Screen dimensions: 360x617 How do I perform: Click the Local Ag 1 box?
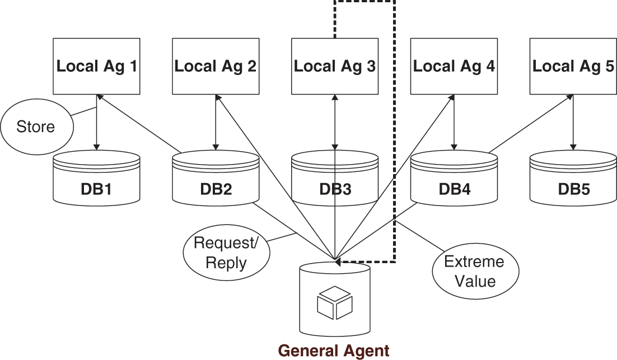[x=96, y=67]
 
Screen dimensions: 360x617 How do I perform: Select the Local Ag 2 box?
[x=216, y=67]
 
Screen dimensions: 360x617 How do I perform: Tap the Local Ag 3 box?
[x=335, y=67]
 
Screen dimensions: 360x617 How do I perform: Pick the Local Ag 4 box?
[x=454, y=67]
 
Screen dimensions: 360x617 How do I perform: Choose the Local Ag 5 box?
[x=573, y=67]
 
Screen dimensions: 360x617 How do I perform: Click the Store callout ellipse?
[x=36, y=127]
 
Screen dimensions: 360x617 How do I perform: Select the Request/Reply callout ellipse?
[x=226, y=253]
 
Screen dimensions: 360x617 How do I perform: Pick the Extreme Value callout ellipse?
[x=474, y=271]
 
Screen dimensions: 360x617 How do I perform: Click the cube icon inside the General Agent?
[x=335, y=303]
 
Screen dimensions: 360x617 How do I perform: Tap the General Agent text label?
[x=334, y=350]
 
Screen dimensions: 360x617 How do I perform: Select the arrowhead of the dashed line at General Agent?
[x=339, y=261]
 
